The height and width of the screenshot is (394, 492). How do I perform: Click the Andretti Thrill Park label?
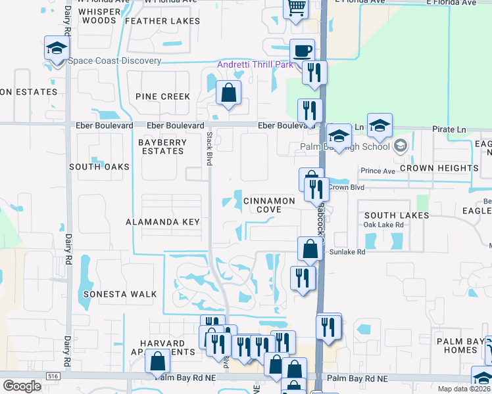pyautogui.click(x=256, y=64)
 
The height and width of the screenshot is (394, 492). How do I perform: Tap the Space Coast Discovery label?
pyautogui.click(x=114, y=61)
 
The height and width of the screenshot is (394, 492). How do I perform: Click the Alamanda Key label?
pyautogui.click(x=162, y=222)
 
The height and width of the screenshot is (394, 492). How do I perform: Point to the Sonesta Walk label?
pyautogui.click(x=120, y=294)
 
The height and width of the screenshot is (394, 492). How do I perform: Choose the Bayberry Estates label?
pyautogui.click(x=162, y=146)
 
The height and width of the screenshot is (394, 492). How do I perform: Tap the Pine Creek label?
pyautogui.click(x=162, y=97)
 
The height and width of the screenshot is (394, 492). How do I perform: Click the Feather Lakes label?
pyautogui.click(x=162, y=21)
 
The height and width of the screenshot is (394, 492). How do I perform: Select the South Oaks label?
pyautogui.click(x=99, y=167)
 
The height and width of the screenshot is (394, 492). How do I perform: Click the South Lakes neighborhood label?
pyautogui.click(x=397, y=215)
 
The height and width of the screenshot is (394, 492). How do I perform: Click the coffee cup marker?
pyautogui.click(x=303, y=51)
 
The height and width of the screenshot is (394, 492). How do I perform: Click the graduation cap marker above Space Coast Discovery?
pyautogui.click(x=57, y=48)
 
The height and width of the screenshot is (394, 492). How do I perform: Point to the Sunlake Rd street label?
pyautogui.click(x=347, y=251)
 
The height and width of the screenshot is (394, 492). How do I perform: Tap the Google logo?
pyautogui.click(x=22, y=386)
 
